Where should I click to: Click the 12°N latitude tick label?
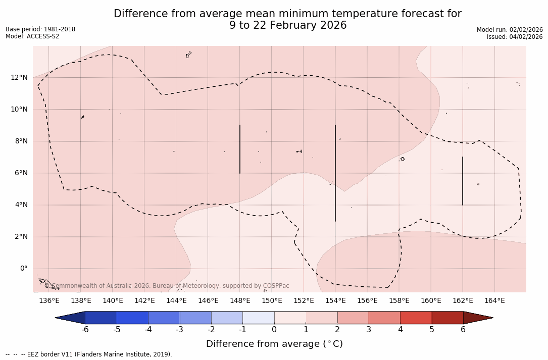coord(19,77)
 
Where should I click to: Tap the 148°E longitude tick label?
coord(240,301)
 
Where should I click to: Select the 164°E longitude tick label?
coord(494,301)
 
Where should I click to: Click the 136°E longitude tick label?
coord(49,301)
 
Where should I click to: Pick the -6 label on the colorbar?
coord(85,330)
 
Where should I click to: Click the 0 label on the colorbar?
coord(274,330)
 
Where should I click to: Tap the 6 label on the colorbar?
coord(463,330)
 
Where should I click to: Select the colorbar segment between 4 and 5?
coord(416,318)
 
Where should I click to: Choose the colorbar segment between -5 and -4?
coord(132,318)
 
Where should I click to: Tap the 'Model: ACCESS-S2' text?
coord(32,36)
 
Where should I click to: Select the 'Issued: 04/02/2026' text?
coord(514,37)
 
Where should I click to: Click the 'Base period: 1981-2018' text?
coord(40,29)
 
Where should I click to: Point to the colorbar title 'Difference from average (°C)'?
coord(274,344)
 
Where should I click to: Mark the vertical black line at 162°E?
coord(463,181)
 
